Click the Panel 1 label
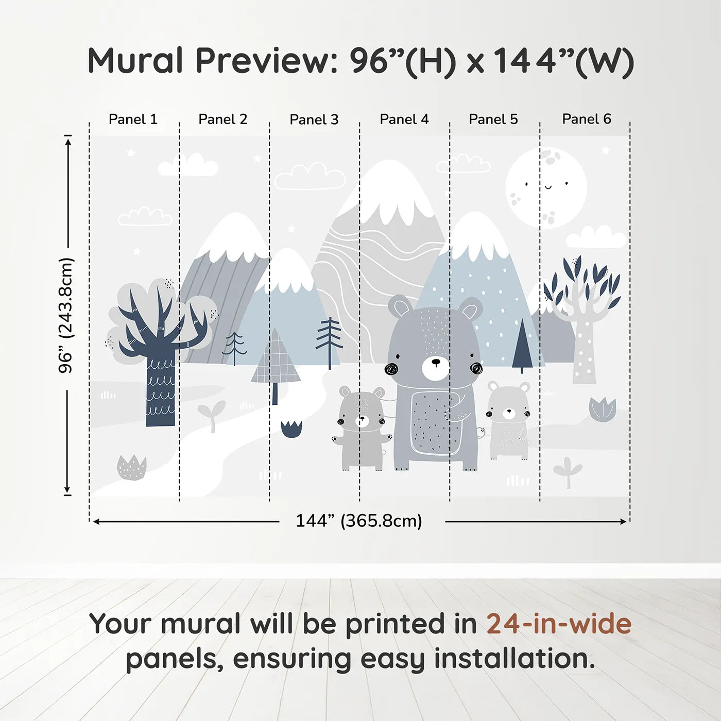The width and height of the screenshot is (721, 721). [133, 119]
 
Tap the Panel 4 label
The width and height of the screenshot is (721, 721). [404, 119]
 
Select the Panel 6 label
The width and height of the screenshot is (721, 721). [586, 119]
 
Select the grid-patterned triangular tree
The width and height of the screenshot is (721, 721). [276, 360]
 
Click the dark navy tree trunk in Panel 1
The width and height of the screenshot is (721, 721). [160, 391]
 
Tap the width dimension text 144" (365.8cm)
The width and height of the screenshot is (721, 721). [359, 521]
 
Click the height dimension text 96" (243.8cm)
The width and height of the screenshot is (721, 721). [66, 315]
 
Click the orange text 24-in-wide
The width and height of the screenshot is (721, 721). [559, 624]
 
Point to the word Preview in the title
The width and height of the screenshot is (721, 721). [266, 61]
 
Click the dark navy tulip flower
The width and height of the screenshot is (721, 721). [291, 428]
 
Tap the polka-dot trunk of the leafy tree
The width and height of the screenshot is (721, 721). [584, 355]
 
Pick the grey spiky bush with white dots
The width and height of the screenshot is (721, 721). [131, 468]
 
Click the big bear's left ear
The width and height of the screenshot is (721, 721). [400, 307]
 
